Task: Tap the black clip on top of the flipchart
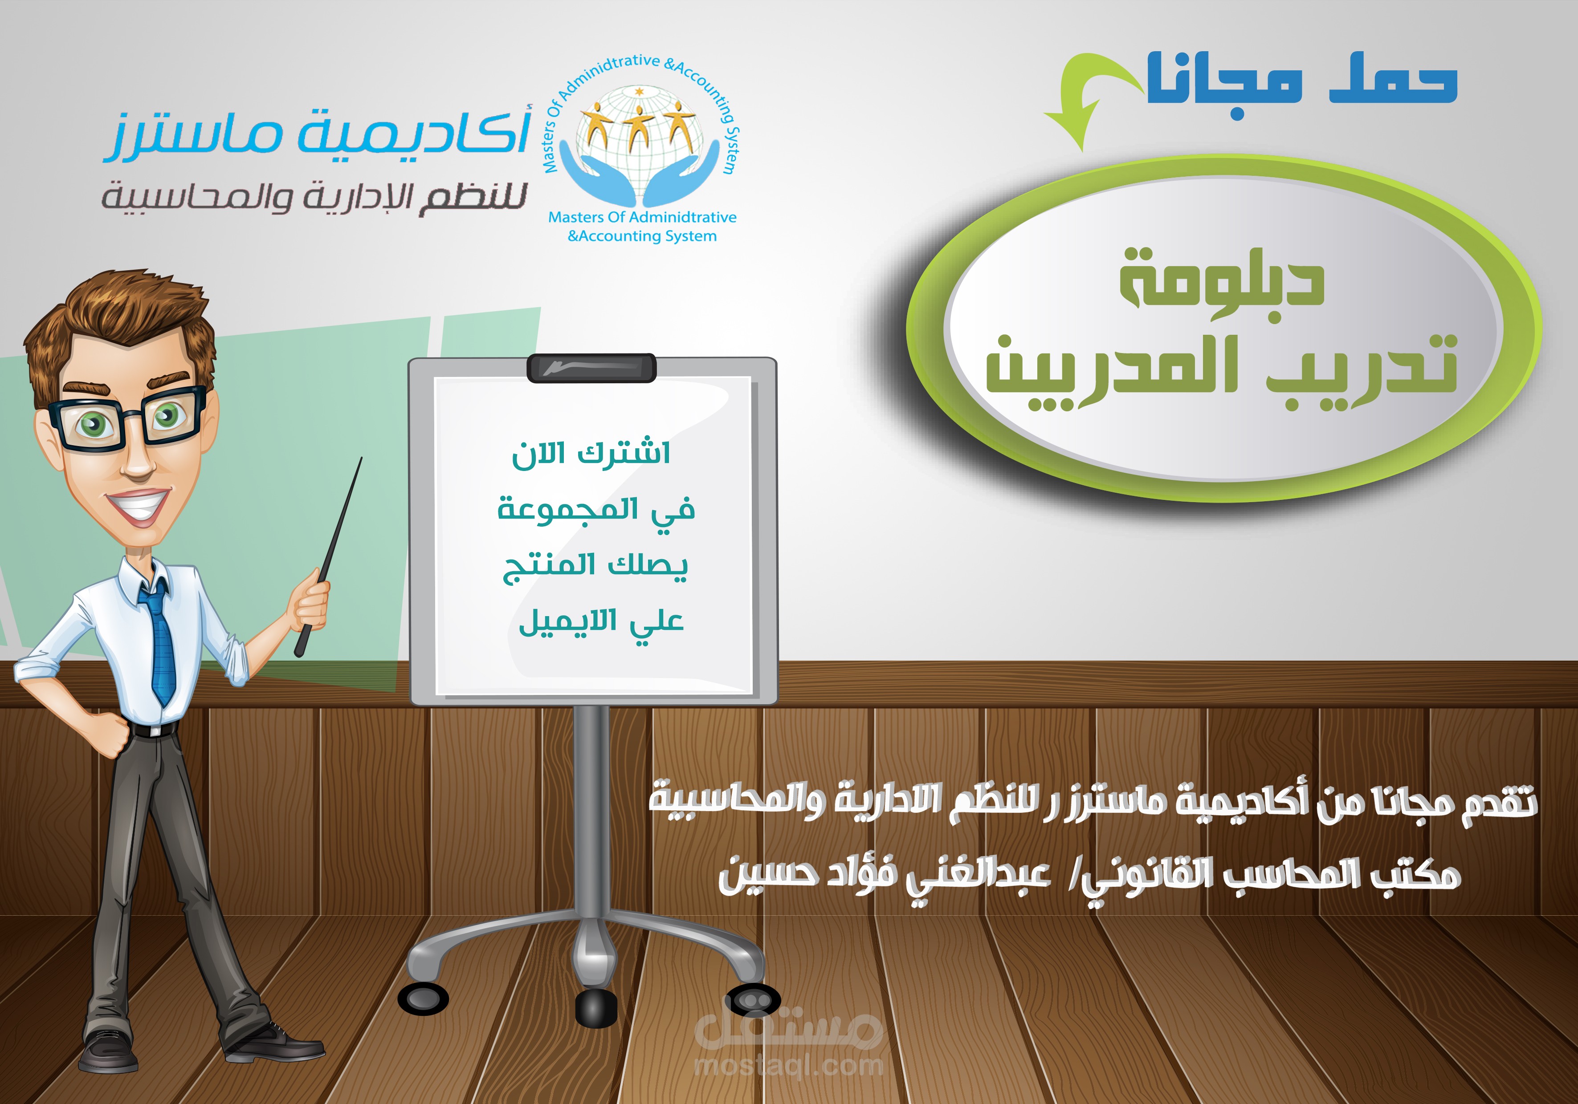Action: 591,368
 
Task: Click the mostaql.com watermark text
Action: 789,1066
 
